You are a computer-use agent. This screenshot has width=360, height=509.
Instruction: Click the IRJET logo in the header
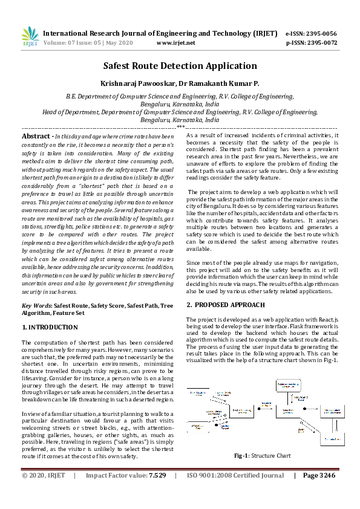30,37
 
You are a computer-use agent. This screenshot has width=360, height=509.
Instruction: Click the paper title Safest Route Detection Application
180,66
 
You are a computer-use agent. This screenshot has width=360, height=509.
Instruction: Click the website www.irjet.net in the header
175,43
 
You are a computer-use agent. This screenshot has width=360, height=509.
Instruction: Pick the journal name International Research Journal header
115,33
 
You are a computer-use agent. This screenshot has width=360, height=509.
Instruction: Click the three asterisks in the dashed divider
180,128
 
